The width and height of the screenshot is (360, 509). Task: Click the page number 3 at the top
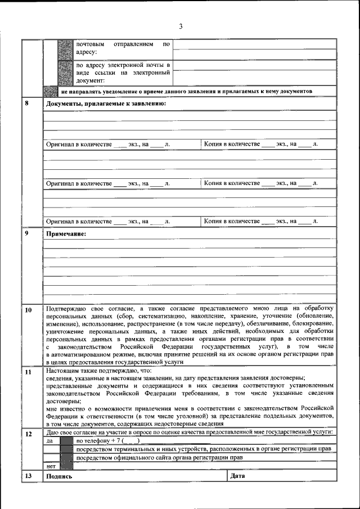click(x=181, y=26)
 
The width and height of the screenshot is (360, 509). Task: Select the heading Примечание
click(x=66, y=233)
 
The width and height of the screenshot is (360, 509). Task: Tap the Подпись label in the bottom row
click(x=59, y=476)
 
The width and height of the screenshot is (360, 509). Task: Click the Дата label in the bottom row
click(x=237, y=476)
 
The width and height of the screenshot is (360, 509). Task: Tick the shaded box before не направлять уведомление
click(x=51, y=91)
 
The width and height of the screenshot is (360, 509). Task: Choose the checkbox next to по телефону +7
click(x=67, y=441)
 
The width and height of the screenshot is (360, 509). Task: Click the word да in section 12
click(x=49, y=441)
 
